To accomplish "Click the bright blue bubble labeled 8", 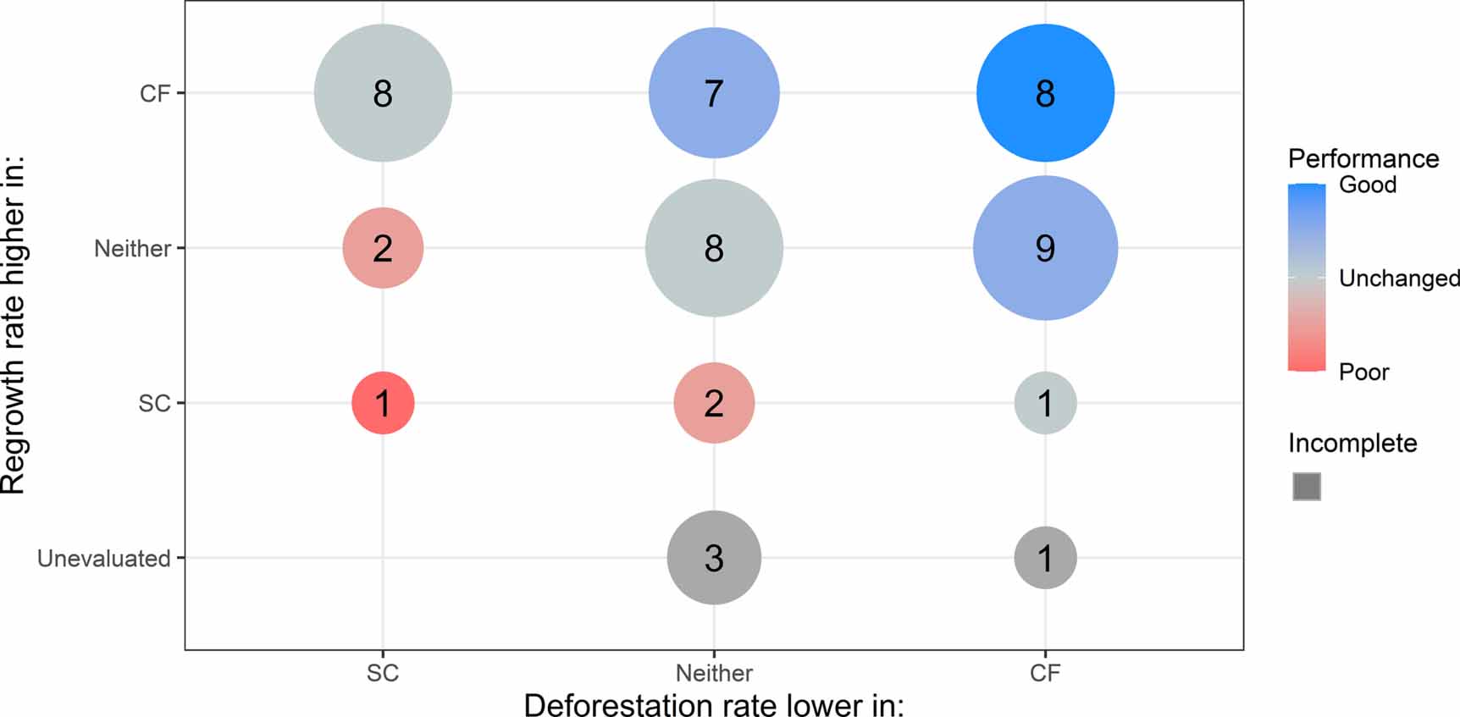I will click(x=1045, y=93).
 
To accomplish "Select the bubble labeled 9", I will click(x=1045, y=248).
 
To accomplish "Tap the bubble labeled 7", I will click(x=714, y=93).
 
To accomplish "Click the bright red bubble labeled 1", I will click(x=383, y=403).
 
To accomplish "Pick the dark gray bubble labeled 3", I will click(x=714, y=558).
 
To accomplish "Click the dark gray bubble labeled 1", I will click(x=1045, y=558).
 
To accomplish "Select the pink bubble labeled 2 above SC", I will click(x=383, y=248).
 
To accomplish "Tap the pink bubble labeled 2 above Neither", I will click(x=714, y=403).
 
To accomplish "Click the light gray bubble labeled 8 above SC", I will click(x=383, y=93).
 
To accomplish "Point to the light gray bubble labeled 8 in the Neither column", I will click(x=714, y=248).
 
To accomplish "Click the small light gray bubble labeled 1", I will click(x=1045, y=403).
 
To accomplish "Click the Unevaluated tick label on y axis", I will click(x=103, y=559).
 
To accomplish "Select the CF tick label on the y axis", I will click(x=155, y=93).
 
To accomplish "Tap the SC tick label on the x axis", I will click(x=383, y=673).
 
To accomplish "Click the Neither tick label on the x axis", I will click(x=714, y=673).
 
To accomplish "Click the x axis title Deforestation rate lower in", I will click(x=714, y=704).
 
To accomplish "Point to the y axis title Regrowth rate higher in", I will click(x=14, y=326).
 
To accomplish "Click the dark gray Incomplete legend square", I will click(x=1307, y=487).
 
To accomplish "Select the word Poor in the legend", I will click(x=1363, y=372).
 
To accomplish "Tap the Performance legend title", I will click(x=1363, y=158).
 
